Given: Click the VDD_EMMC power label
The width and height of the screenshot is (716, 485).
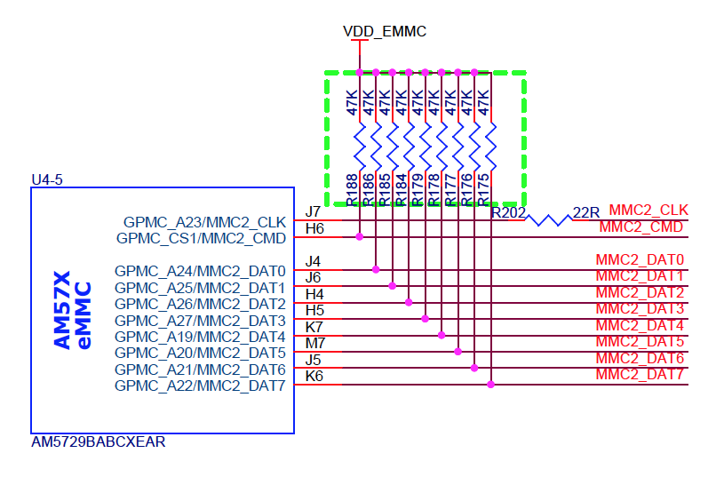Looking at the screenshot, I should (x=385, y=31).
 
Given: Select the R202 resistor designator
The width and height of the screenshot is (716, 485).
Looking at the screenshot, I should (x=509, y=213).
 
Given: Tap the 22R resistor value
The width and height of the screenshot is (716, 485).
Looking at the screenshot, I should (x=587, y=212).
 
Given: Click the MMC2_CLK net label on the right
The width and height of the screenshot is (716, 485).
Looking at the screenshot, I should (x=648, y=211).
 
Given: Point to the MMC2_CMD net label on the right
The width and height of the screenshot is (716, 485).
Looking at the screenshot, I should (x=641, y=227).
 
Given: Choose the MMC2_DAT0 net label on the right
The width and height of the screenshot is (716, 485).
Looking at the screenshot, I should (x=640, y=260).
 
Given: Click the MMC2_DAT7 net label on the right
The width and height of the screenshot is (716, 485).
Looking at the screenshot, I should (x=640, y=374).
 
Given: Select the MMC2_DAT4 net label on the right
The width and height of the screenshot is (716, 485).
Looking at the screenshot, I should (x=640, y=325).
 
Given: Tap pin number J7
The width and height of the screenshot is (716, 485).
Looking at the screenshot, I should (x=313, y=212).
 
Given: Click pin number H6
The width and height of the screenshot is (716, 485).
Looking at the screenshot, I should (x=314, y=229).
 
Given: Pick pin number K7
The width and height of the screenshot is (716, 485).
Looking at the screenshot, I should (x=314, y=327).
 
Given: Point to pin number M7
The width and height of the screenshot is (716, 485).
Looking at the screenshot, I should (x=314, y=343).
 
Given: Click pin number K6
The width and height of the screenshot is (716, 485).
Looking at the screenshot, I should (x=314, y=376).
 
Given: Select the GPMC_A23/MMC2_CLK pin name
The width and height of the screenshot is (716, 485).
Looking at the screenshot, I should (x=204, y=222).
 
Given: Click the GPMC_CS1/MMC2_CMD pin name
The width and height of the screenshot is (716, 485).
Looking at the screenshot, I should (x=202, y=238).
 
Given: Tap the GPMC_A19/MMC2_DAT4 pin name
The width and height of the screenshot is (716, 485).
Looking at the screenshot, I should (x=200, y=337).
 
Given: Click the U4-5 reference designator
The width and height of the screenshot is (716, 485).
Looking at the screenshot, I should (x=47, y=179).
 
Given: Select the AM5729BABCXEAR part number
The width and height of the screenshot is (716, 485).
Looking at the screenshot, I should (x=98, y=441).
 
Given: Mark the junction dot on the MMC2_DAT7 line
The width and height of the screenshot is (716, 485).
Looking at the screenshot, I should (x=490, y=385).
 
